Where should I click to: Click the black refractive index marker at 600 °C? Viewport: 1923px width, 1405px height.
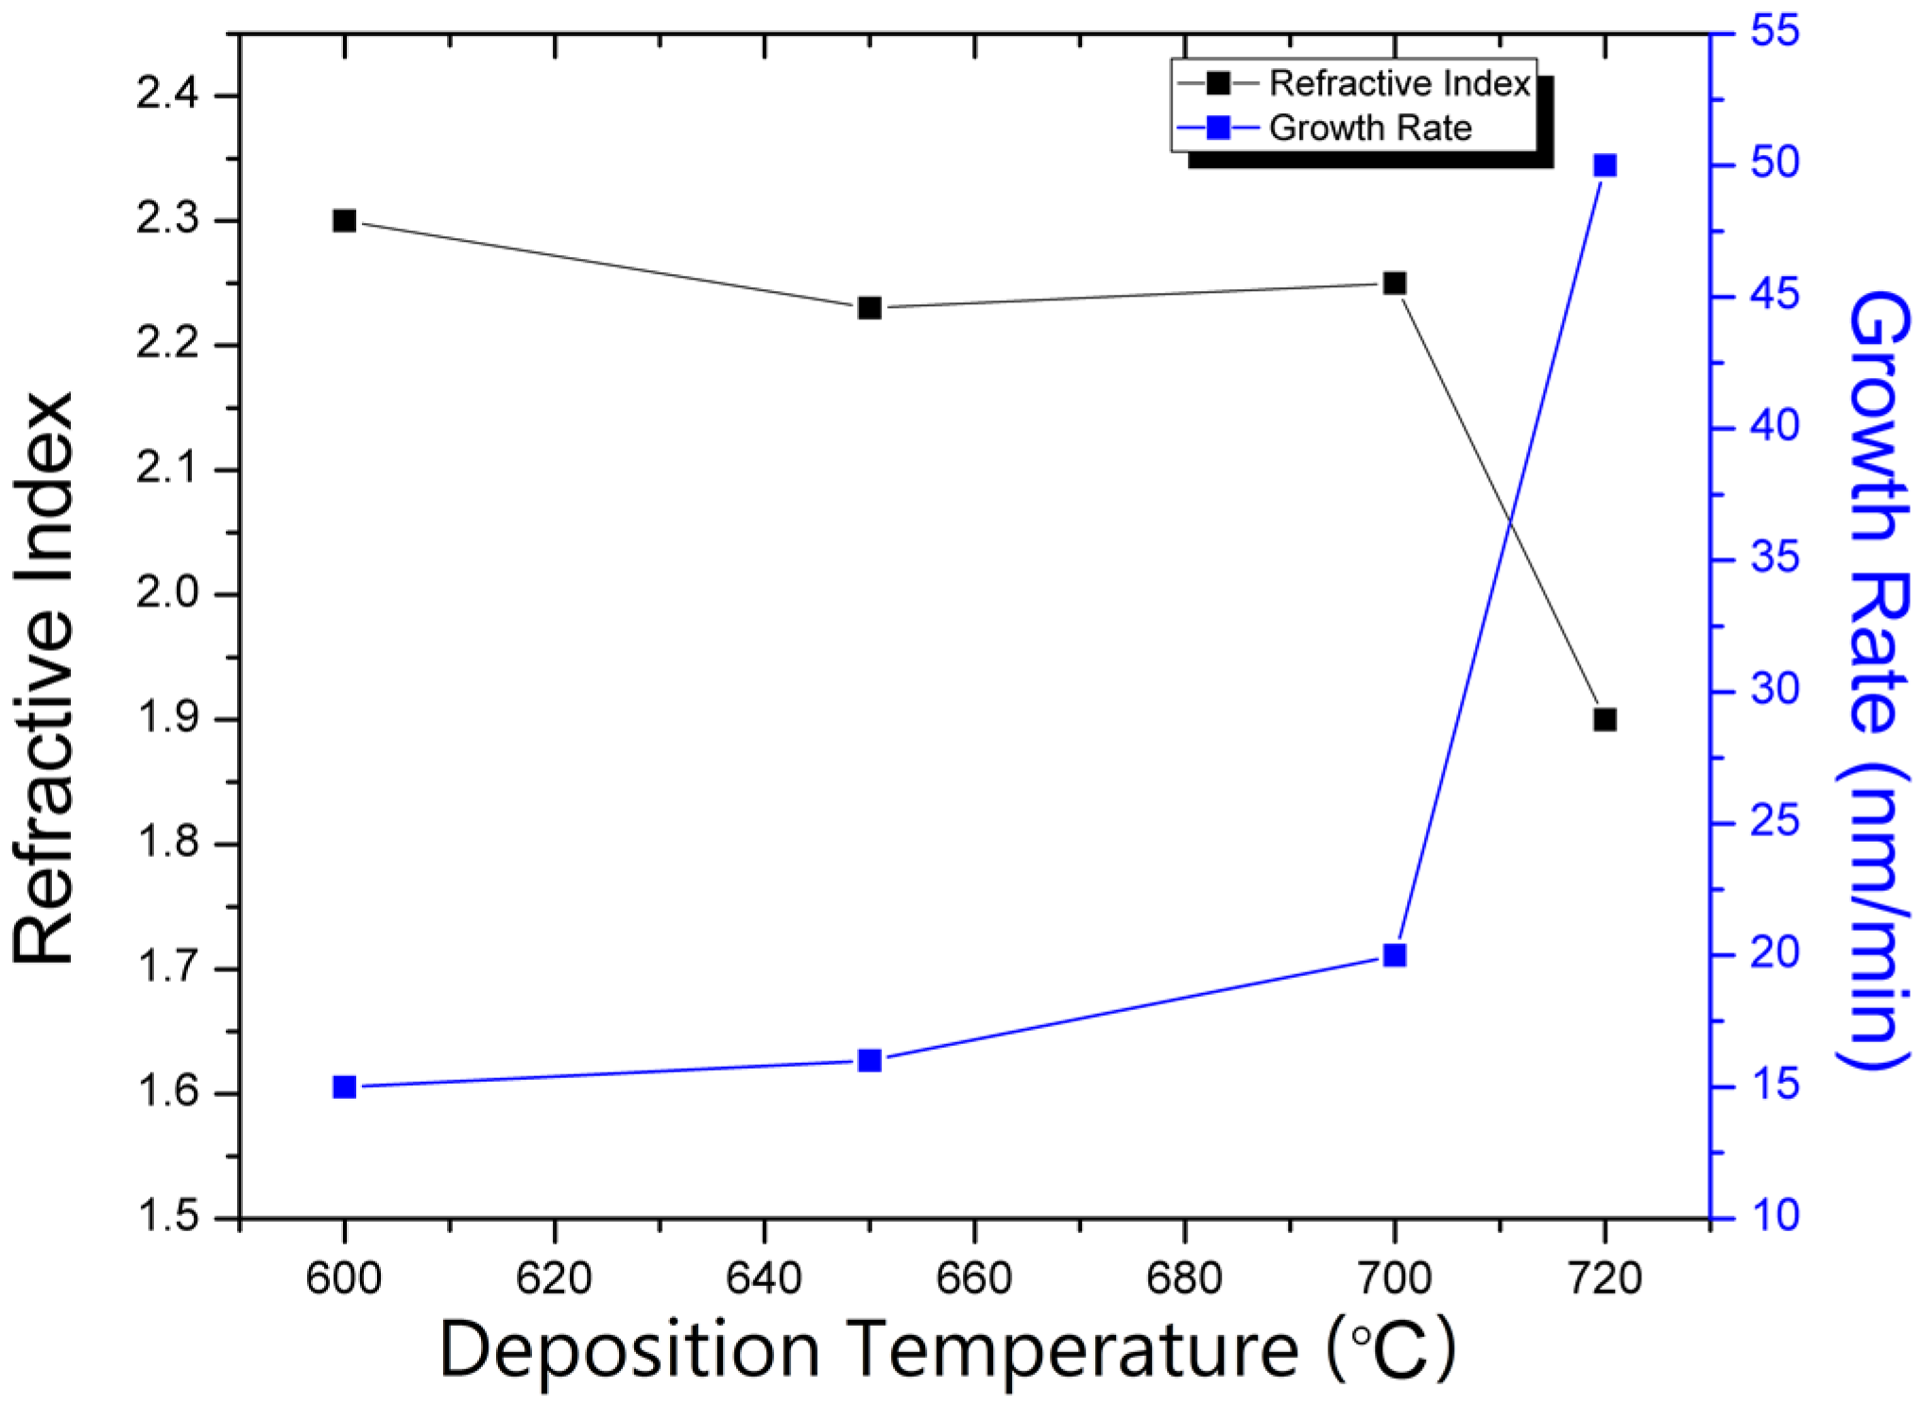[x=344, y=221]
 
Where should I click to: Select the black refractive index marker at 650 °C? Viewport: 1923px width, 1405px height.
[x=869, y=308]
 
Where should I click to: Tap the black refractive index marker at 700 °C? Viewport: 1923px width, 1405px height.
[x=1394, y=283]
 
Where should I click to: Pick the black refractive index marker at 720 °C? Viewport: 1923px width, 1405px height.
[x=1605, y=720]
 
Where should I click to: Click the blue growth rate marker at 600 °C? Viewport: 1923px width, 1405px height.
[x=344, y=1088]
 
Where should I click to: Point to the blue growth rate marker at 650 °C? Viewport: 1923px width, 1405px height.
[x=869, y=1061]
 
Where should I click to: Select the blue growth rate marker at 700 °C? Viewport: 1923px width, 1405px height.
[x=1394, y=955]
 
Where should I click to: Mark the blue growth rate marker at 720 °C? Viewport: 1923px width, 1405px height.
[x=1605, y=166]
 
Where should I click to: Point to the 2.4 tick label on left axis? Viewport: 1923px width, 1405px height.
[x=167, y=95]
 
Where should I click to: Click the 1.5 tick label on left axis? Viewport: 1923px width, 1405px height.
[x=167, y=1217]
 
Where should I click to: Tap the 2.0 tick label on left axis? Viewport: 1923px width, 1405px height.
[x=167, y=594]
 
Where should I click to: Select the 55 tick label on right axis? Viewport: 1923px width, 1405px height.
[x=1774, y=31]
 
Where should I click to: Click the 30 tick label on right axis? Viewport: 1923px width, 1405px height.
[x=1774, y=690]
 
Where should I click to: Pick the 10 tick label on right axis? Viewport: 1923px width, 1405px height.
[x=1774, y=1216]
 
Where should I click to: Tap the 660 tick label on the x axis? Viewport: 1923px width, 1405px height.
[x=973, y=1279]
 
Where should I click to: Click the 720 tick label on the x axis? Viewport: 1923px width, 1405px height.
[x=1604, y=1279]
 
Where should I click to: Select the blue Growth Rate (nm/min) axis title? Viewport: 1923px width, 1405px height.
[x=1877, y=680]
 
